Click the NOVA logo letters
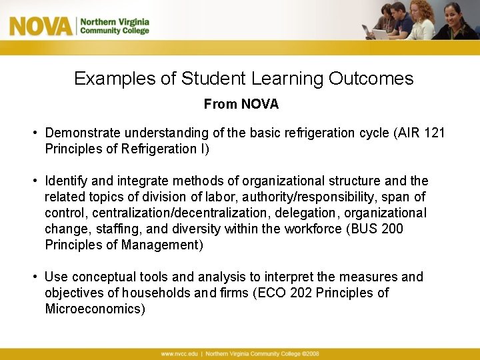[41, 26]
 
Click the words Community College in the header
[115, 31]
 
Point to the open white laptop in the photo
[381, 33]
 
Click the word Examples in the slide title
[114, 79]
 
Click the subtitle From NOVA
[241, 105]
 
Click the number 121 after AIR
[434, 133]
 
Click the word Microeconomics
[95, 309]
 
